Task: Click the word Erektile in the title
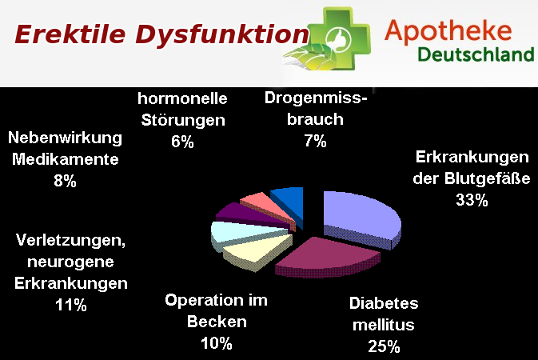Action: pyautogui.click(x=70, y=34)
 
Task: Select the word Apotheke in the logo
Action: pyautogui.click(x=448, y=32)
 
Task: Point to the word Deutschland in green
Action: pyautogui.click(x=476, y=54)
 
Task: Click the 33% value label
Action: pyautogui.click(x=472, y=200)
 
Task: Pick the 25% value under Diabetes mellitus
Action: pyautogui.click(x=384, y=346)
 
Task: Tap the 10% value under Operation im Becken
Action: pyautogui.click(x=217, y=343)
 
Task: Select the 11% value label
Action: pyautogui.click(x=71, y=305)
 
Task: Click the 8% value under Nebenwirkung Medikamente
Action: pyautogui.click(x=65, y=181)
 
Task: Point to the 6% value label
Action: pyautogui.click(x=182, y=142)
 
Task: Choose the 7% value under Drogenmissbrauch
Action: pyautogui.click(x=315, y=141)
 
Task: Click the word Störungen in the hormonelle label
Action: pyautogui.click(x=183, y=120)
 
